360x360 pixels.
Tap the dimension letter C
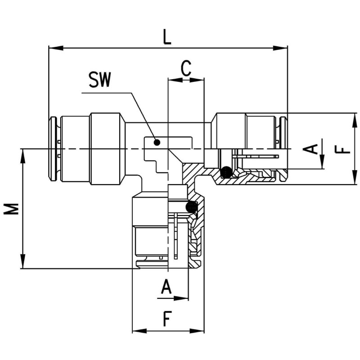[186, 68]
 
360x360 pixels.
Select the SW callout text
[99, 81]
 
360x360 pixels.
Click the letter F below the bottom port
[167, 319]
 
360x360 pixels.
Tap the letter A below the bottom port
[166, 287]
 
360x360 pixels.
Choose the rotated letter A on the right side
[311, 148]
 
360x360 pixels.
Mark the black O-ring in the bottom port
[192, 207]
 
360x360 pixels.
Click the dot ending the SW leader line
[157, 143]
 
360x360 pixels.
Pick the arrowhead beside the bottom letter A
[183, 298]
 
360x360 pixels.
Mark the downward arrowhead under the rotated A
[323, 163]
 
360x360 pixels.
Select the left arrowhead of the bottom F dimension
[137, 331]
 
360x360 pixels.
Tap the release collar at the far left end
[53, 148]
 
